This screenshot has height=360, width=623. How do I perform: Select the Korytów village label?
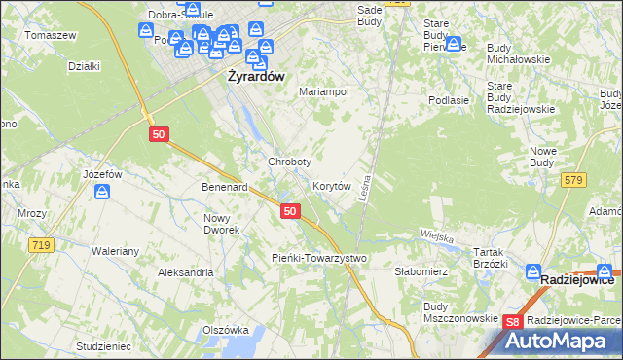point(331,185)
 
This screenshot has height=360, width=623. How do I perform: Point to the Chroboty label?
point(289,162)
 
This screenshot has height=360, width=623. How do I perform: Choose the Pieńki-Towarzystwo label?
point(317,258)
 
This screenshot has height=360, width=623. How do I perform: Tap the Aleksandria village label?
point(186,272)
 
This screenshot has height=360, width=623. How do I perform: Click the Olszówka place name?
point(226,330)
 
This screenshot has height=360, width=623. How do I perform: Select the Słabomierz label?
point(420,273)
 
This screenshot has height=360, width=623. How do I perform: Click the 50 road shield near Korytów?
point(289,210)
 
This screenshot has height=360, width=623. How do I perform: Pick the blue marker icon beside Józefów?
point(102,193)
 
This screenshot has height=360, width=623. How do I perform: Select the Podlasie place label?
point(450,99)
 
